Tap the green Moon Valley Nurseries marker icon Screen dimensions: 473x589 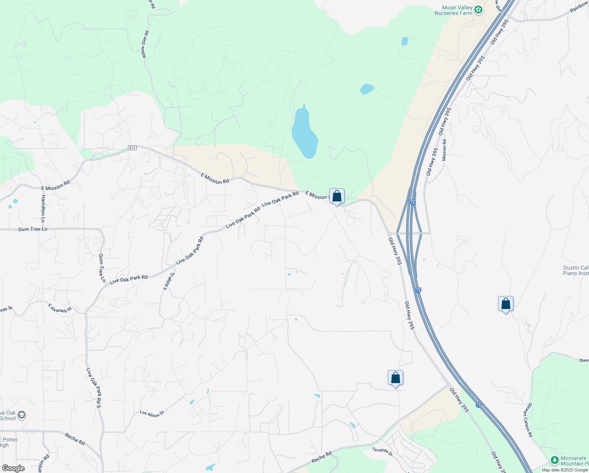click(x=478, y=10)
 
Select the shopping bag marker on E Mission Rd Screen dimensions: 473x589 click(x=337, y=196)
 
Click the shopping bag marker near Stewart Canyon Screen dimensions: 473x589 click(x=506, y=304)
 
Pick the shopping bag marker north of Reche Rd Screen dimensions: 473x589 click(x=395, y=378)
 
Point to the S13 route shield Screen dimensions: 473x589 click(x=132, y=148)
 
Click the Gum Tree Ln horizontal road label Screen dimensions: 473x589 click(x=33, y=229)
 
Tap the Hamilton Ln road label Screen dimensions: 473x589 click(x=43, y=209)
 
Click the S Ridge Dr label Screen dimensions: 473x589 click(x=169, y=281)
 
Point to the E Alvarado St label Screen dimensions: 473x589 click(x=60, y=308)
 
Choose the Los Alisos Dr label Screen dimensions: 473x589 click(x=152, y=414)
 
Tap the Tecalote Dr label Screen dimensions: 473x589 click(x=382, y=452)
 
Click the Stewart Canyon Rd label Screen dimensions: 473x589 click(x=528, y=420)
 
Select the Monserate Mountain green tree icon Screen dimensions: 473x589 click(x=554, y=460)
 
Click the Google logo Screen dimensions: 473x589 click(x=13, y=468)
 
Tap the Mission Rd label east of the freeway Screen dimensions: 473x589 click(x=445, y=150)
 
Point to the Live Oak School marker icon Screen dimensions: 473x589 click(x=22, y=415)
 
